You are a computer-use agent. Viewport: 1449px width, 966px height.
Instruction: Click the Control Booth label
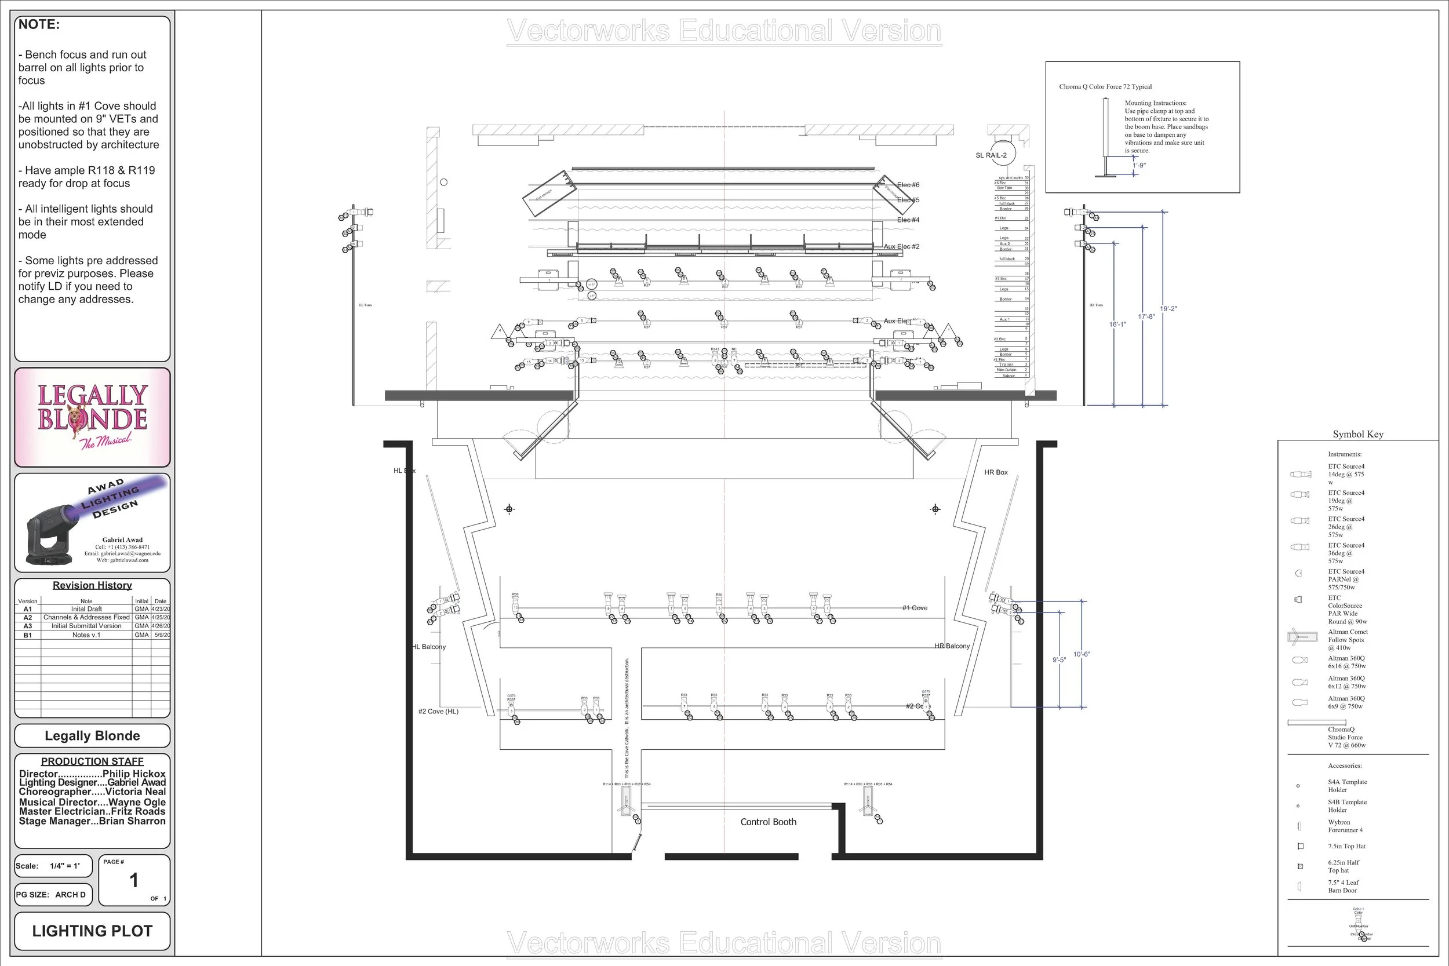tap(768, 822)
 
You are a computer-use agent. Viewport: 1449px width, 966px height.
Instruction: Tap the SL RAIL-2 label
tap(991, 155)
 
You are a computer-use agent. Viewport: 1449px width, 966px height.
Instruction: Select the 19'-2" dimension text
tap(1168, 309)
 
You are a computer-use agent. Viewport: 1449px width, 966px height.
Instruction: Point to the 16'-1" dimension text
tap(1117, 324)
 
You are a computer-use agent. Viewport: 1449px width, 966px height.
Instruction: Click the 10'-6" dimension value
tap(1081, 654)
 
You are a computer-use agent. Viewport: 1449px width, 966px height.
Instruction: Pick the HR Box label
tap(996, 472)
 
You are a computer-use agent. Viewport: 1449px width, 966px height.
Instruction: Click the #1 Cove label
tap(914, 608)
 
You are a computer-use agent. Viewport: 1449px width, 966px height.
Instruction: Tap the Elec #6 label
tap(908, 185)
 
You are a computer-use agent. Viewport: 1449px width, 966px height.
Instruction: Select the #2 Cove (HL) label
tap(438, 711)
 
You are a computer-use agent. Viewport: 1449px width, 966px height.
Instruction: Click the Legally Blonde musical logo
tap(92, 417)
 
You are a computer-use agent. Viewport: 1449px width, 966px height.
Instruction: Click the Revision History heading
tap(92, 585)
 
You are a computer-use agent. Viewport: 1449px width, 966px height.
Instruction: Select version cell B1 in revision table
tap(28, 635)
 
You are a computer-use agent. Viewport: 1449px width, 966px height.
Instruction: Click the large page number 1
tap(134, 880)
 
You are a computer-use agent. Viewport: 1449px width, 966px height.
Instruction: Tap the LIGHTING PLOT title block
tap(92, 931)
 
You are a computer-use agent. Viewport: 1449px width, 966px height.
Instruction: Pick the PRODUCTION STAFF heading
tap(92, 761)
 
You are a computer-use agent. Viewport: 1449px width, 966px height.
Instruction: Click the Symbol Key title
tap(1358, 435)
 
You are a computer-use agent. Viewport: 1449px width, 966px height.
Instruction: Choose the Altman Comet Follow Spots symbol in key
tap(1302, 637)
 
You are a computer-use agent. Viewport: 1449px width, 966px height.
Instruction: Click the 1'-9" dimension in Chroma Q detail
tap(1139, 166)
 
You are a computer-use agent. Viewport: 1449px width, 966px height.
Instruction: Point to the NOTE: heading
tap(39, 25)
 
